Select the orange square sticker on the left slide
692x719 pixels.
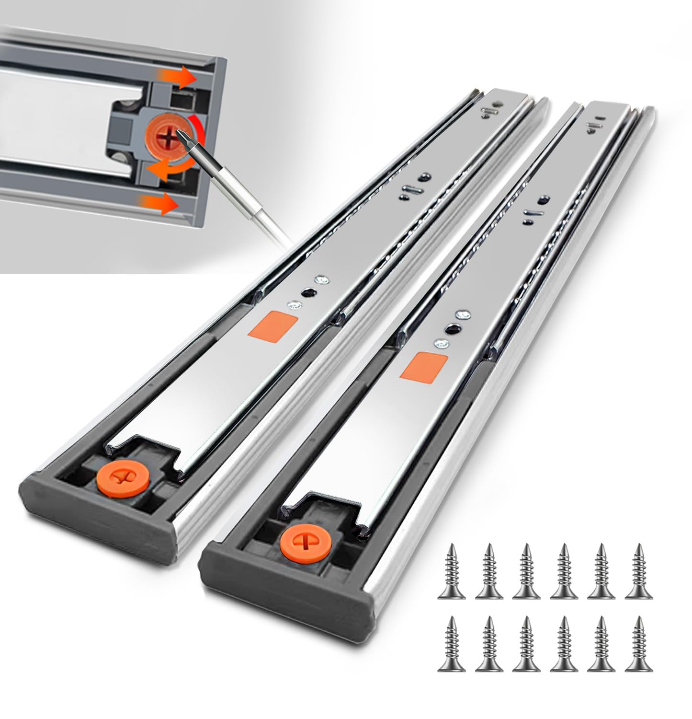(280, 325)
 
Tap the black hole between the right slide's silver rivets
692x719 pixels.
(452, 328)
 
